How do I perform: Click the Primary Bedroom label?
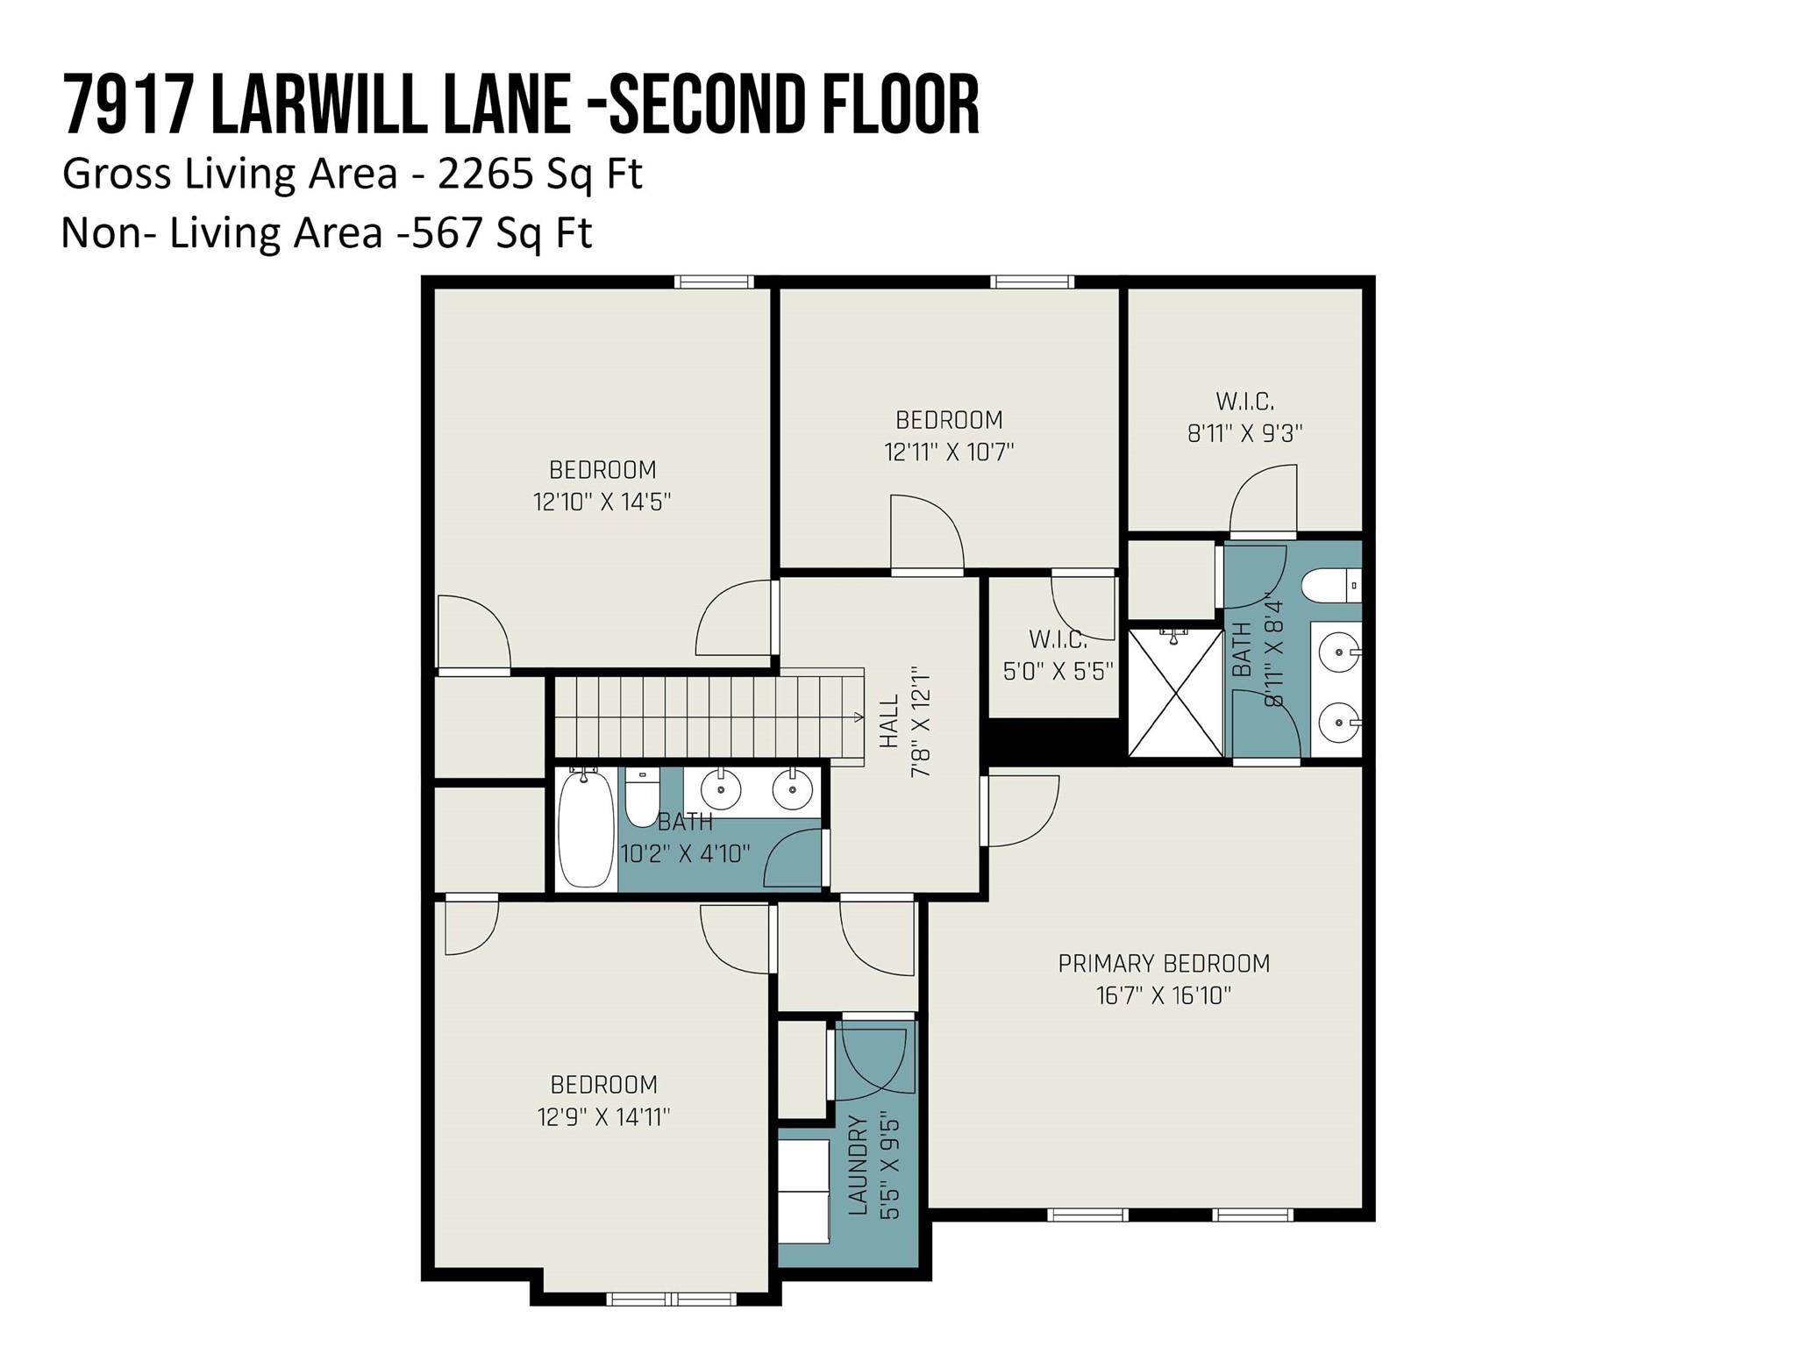point(1164,964)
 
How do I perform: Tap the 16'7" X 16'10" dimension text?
point(1164,995)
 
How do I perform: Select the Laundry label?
point(859,1165)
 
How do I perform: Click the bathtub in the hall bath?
point(586,827)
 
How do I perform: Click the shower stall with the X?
point(1175,692)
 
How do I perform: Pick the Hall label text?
point(889,722)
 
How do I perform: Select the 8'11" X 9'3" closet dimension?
point(1245,433)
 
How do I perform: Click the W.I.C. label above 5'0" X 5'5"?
point(1058,638)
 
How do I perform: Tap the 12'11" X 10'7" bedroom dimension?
point(949,453)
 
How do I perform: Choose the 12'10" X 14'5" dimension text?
point(602,502)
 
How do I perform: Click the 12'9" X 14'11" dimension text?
point(603,1117)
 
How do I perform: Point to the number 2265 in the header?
point(486,175)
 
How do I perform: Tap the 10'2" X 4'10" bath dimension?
point(685,854)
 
